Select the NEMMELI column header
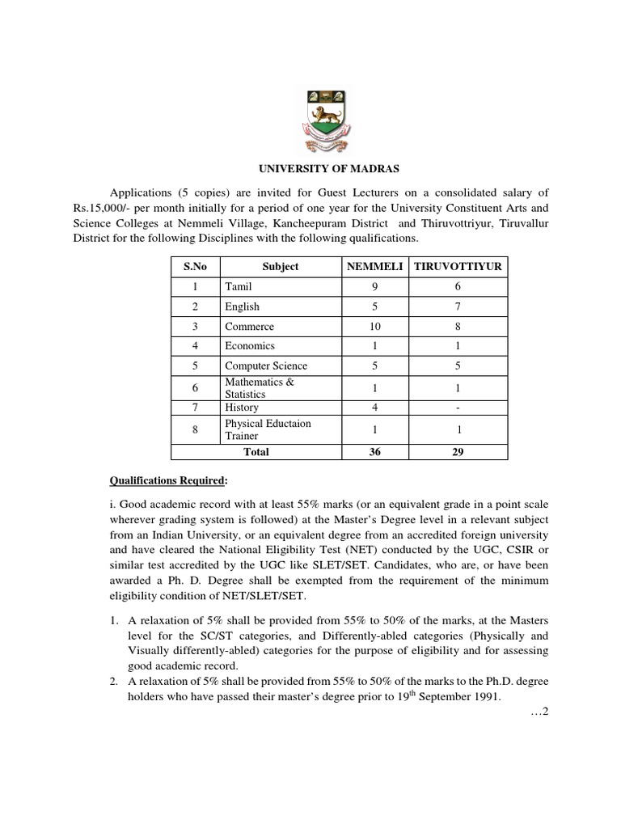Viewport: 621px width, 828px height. click(x=374, y=266)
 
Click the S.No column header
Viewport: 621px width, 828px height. click(x=195, y=266)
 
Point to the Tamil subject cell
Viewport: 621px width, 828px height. click(x=239, y=286)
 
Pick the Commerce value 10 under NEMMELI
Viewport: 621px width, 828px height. click(x=374, y=327)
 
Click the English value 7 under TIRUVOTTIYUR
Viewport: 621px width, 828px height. click(x=458, y=306)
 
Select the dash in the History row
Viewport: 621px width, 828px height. click(x=458, y=408)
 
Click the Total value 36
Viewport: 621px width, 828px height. click(x=374, y=452)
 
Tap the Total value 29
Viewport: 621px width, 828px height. click(x=458, y=452)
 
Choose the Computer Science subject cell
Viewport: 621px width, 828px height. click(x=266, y=365)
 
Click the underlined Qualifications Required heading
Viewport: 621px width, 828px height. click(x=171, y=480)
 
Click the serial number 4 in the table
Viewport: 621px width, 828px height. click(x=195, y=346)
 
